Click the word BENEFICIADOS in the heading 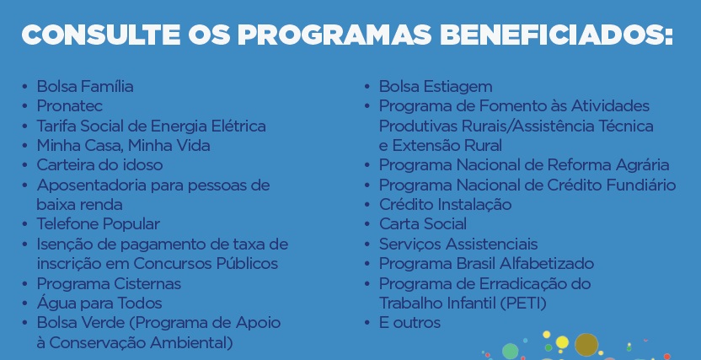[557, 35]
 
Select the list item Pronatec [69, 106]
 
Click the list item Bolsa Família [85, 86]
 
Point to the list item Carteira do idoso [99, 165]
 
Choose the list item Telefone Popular [98, 224]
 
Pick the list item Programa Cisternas [109, 283]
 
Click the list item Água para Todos [99, 303]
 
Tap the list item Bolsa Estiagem [436, 86]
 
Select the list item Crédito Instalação [445, 204]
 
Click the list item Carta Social [423, 224]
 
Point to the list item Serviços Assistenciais [458, 244]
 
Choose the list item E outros [409, 323]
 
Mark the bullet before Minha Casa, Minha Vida [24, 146]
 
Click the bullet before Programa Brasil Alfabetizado [367, 264]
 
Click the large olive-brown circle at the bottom [586, 345]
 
